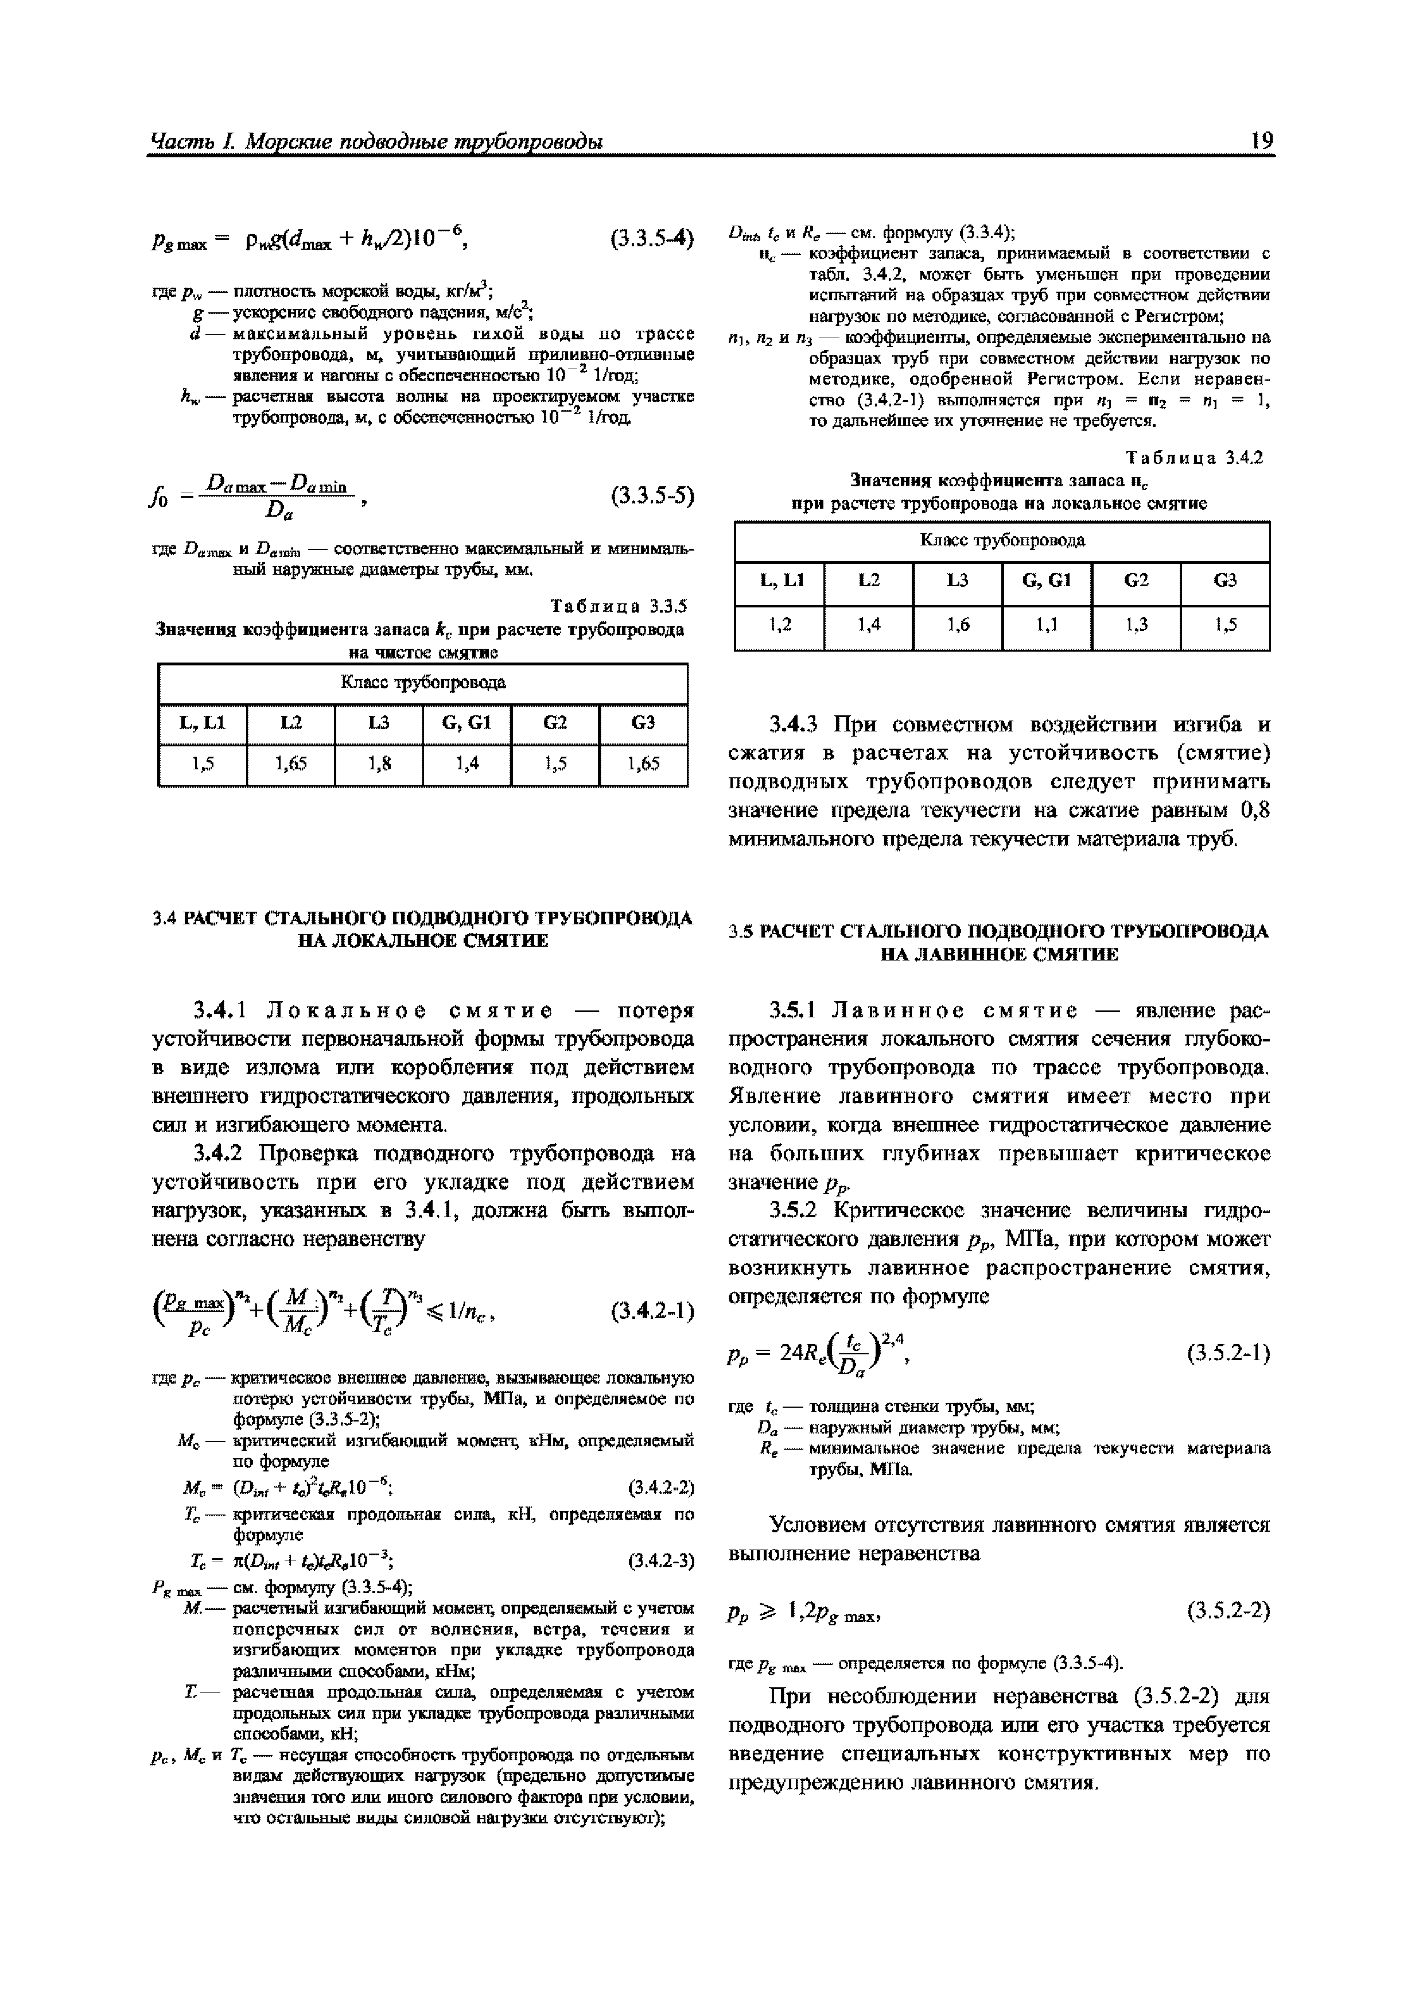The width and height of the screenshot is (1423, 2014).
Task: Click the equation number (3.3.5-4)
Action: coord(651,237)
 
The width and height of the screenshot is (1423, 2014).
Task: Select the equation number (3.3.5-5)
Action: coord(651,497)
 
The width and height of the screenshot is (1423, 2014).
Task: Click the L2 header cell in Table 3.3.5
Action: coord(291,723)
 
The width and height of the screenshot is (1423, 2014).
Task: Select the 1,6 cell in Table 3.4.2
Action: coord(958,625)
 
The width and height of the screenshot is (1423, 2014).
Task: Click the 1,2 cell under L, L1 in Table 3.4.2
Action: coord(779,625)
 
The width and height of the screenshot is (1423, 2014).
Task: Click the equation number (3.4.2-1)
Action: coord(651,1312)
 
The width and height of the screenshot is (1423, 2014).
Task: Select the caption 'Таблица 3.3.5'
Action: coord(618,606)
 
